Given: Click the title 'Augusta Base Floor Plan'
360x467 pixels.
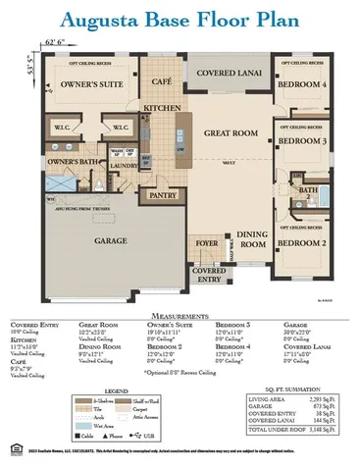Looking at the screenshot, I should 180,23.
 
